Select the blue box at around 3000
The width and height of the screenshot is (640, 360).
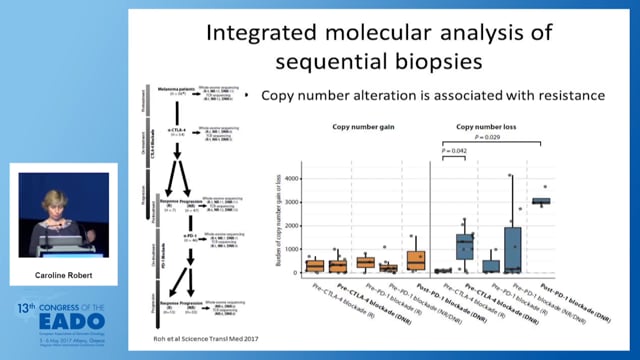click(x=541, y=201)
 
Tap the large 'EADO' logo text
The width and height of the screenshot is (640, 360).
click(x=58, y=319)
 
